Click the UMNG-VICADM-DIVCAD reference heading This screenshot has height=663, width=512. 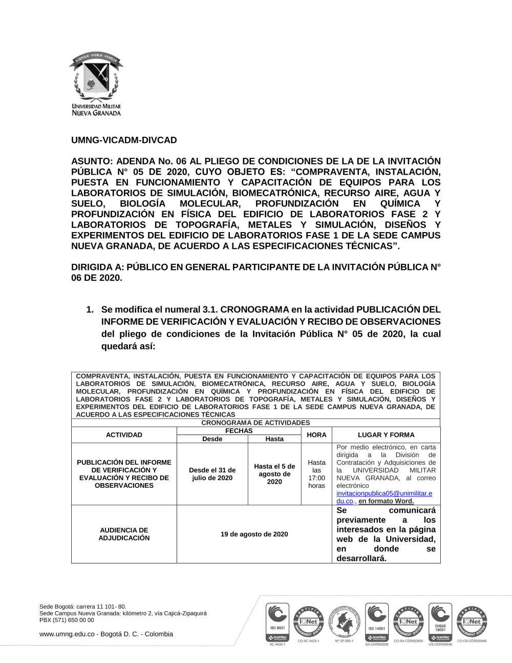[x=124, y=140]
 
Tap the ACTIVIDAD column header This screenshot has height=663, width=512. [x=124, y=435]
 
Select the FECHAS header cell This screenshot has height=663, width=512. [x=239, y=431]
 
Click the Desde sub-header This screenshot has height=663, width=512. [x=212, y=439]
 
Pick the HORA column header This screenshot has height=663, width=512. [x=316, y=435]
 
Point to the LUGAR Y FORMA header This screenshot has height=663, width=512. [x=386, y=435]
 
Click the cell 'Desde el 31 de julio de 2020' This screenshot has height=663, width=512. [x=212, y=474]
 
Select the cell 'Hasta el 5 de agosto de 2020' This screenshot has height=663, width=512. [x=274, y=474]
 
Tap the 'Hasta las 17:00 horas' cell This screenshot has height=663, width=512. [x=316, y=474]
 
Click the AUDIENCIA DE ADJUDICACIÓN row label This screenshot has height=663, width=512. [x=124, y=534]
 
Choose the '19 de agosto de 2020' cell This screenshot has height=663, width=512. [x=254, y=534]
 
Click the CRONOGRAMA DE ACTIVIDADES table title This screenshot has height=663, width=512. [x=255, y=423]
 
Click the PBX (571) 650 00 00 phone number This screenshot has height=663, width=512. [x=67, y=620]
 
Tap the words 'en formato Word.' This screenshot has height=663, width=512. [x=386, y=501]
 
